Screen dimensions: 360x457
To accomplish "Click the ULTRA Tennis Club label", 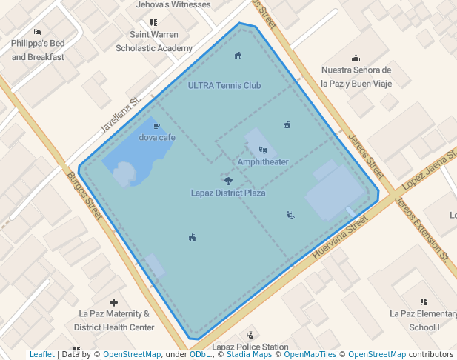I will (x=224, y=85).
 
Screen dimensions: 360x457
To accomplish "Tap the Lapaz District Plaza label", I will (x=228, y=193).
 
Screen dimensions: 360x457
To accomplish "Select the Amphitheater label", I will (x=263, y=161).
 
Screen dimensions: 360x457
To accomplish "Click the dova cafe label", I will (x=157, y=137).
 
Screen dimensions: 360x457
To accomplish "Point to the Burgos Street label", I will (x=84, y=196).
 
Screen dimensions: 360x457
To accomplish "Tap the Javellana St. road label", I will (x=121, y=116).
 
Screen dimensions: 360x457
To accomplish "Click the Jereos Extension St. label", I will (x=421, y=230).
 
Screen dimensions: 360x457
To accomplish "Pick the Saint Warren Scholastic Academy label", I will (x=154, y=41).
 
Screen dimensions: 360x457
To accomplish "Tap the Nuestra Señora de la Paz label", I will (x=356, y=77).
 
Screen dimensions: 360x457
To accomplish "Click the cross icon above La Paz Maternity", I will (x=113, y=302).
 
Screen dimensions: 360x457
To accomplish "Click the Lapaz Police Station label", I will (x=250, y=347).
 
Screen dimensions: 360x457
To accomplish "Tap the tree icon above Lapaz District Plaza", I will (x=228, y=180).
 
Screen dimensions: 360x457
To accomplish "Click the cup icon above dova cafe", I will (x=156, y=126).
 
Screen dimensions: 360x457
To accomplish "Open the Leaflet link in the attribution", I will (x=41, y=355).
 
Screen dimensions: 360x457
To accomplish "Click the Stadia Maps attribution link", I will (x=248, y=355).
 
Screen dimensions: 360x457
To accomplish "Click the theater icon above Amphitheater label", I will (x=263, y=150).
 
